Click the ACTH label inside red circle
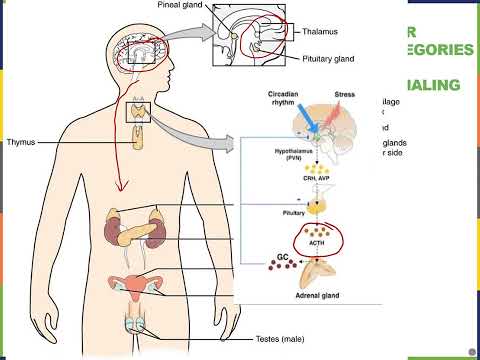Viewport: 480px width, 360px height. (317, 240)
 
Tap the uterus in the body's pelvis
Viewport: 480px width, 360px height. (136, 286)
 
